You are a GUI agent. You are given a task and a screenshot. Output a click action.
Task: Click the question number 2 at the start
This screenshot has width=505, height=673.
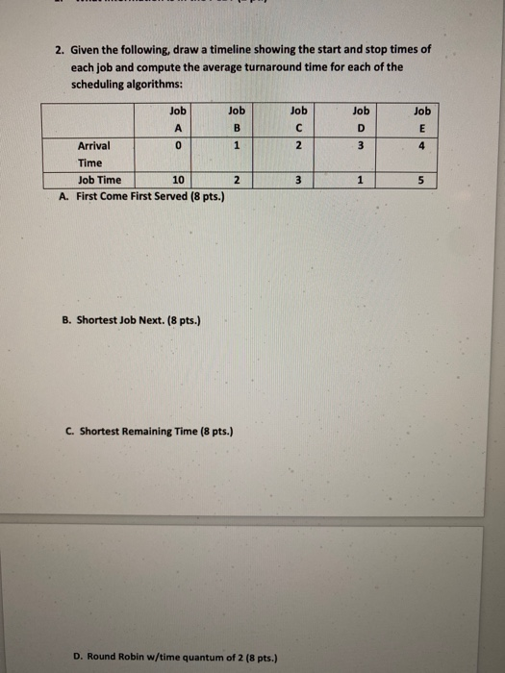tap(59, 50)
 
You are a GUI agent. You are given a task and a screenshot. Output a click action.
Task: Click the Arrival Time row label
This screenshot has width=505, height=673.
tap(94, 154)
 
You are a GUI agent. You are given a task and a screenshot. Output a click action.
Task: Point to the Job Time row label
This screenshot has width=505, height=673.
tap(99, 180)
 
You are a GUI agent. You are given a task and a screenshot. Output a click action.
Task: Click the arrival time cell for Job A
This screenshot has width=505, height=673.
tap(176, 146)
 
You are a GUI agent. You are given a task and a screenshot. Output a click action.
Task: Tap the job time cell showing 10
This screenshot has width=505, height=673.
tap(176, 180)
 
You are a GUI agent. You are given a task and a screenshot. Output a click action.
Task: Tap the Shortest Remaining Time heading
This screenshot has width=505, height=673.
tap(152, 430)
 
